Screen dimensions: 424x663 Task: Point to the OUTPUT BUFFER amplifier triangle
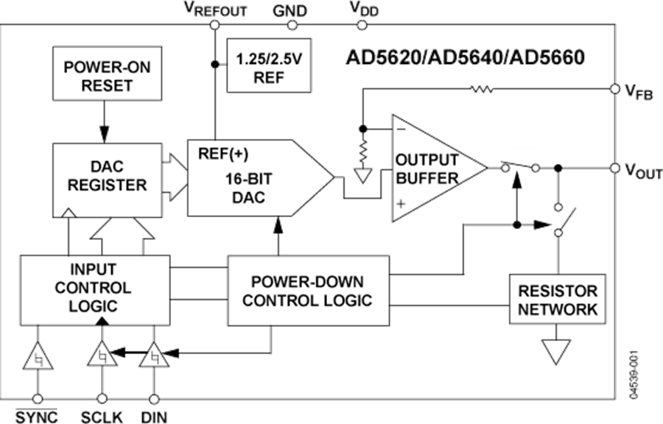coord(431,169)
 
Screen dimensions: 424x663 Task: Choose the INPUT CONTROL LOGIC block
coord(93,286)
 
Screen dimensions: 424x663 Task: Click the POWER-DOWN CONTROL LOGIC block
coord(307,291)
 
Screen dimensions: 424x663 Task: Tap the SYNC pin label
coord(36,416)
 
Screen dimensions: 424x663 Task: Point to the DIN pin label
coord(154,416)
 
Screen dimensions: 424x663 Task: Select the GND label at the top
coord(290,10)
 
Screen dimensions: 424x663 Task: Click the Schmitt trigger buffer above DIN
coord(155,358)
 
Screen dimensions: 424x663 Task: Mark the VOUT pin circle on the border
coord(614,169)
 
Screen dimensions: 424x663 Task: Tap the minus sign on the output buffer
coord(401,128)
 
